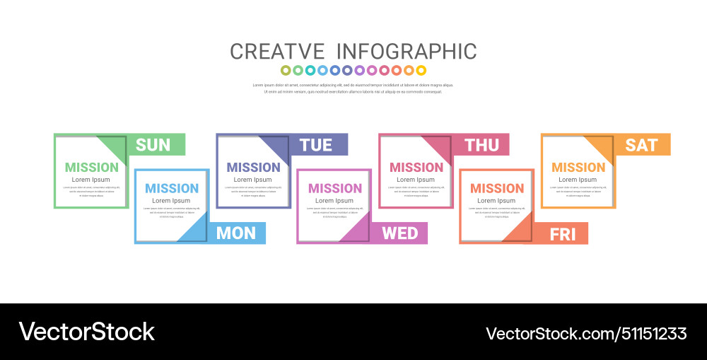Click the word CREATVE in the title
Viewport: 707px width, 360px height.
277,52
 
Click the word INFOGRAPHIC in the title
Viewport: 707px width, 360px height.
406,52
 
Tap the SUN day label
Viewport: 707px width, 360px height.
153,145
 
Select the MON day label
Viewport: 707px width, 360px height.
236,233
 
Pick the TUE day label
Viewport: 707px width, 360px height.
315,145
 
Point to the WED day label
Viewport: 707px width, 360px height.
400,233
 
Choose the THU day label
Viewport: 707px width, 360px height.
481,145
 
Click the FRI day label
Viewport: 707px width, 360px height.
563,234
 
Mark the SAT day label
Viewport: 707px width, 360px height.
641,145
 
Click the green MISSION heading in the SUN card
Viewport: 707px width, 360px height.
92,168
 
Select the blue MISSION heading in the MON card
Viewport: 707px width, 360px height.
172,188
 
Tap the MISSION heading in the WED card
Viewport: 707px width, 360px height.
335,188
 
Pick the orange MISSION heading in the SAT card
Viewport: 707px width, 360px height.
578,168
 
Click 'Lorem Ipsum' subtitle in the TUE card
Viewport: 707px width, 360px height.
253,180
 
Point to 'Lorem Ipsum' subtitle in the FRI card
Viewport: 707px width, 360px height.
496,201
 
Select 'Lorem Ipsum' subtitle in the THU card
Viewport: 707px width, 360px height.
416,180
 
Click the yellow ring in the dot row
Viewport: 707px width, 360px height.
421,70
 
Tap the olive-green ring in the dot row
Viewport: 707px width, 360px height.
286,70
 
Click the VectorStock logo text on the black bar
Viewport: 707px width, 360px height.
86,332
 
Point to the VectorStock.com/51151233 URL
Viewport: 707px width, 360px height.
586,333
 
